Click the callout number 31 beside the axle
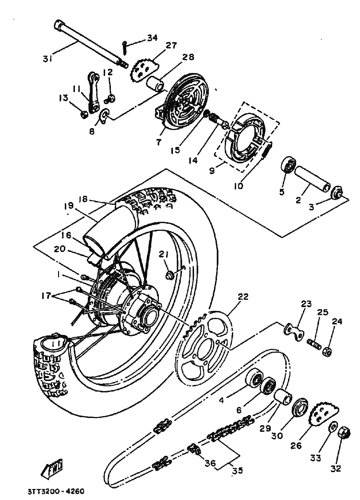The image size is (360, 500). click(47, 59)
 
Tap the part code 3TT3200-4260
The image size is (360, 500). click(56, 492)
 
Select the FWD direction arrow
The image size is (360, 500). click(54, 469)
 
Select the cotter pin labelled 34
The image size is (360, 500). click(124, 47)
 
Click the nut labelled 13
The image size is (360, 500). click(84, 114)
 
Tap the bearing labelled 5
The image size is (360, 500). click(289, 165)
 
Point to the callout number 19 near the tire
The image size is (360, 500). click(69, 205)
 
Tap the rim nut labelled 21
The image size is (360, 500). click(170, 275)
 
